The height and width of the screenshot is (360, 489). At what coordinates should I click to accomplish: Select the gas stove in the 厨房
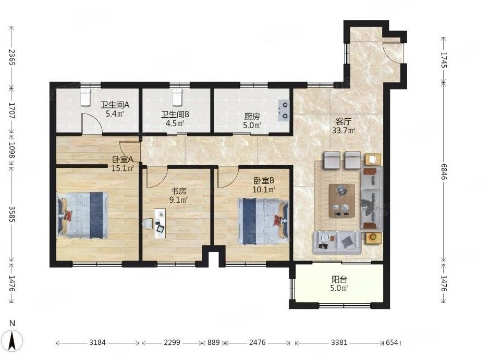284,110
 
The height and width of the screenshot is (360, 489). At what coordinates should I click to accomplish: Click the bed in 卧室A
83,215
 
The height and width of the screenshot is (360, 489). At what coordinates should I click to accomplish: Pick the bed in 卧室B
263,221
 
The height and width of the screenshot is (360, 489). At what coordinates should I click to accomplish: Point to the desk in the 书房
160,224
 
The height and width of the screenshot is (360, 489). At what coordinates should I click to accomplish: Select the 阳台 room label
339,279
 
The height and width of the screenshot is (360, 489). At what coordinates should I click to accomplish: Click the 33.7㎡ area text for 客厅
343,130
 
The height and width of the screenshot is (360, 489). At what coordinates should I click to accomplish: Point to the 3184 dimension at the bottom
97,342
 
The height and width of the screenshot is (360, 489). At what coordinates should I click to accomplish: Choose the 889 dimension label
214,342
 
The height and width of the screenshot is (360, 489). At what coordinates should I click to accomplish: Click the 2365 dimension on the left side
12,57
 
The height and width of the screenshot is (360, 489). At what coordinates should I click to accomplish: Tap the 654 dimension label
392,342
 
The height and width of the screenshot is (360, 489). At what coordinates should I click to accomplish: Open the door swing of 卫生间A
91,124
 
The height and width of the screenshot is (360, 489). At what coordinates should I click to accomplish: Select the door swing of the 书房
157,177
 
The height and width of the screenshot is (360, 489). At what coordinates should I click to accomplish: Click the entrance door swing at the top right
393,53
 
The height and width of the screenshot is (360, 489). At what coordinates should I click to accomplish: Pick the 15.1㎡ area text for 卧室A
123,168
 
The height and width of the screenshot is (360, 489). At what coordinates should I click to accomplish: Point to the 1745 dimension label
444,59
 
